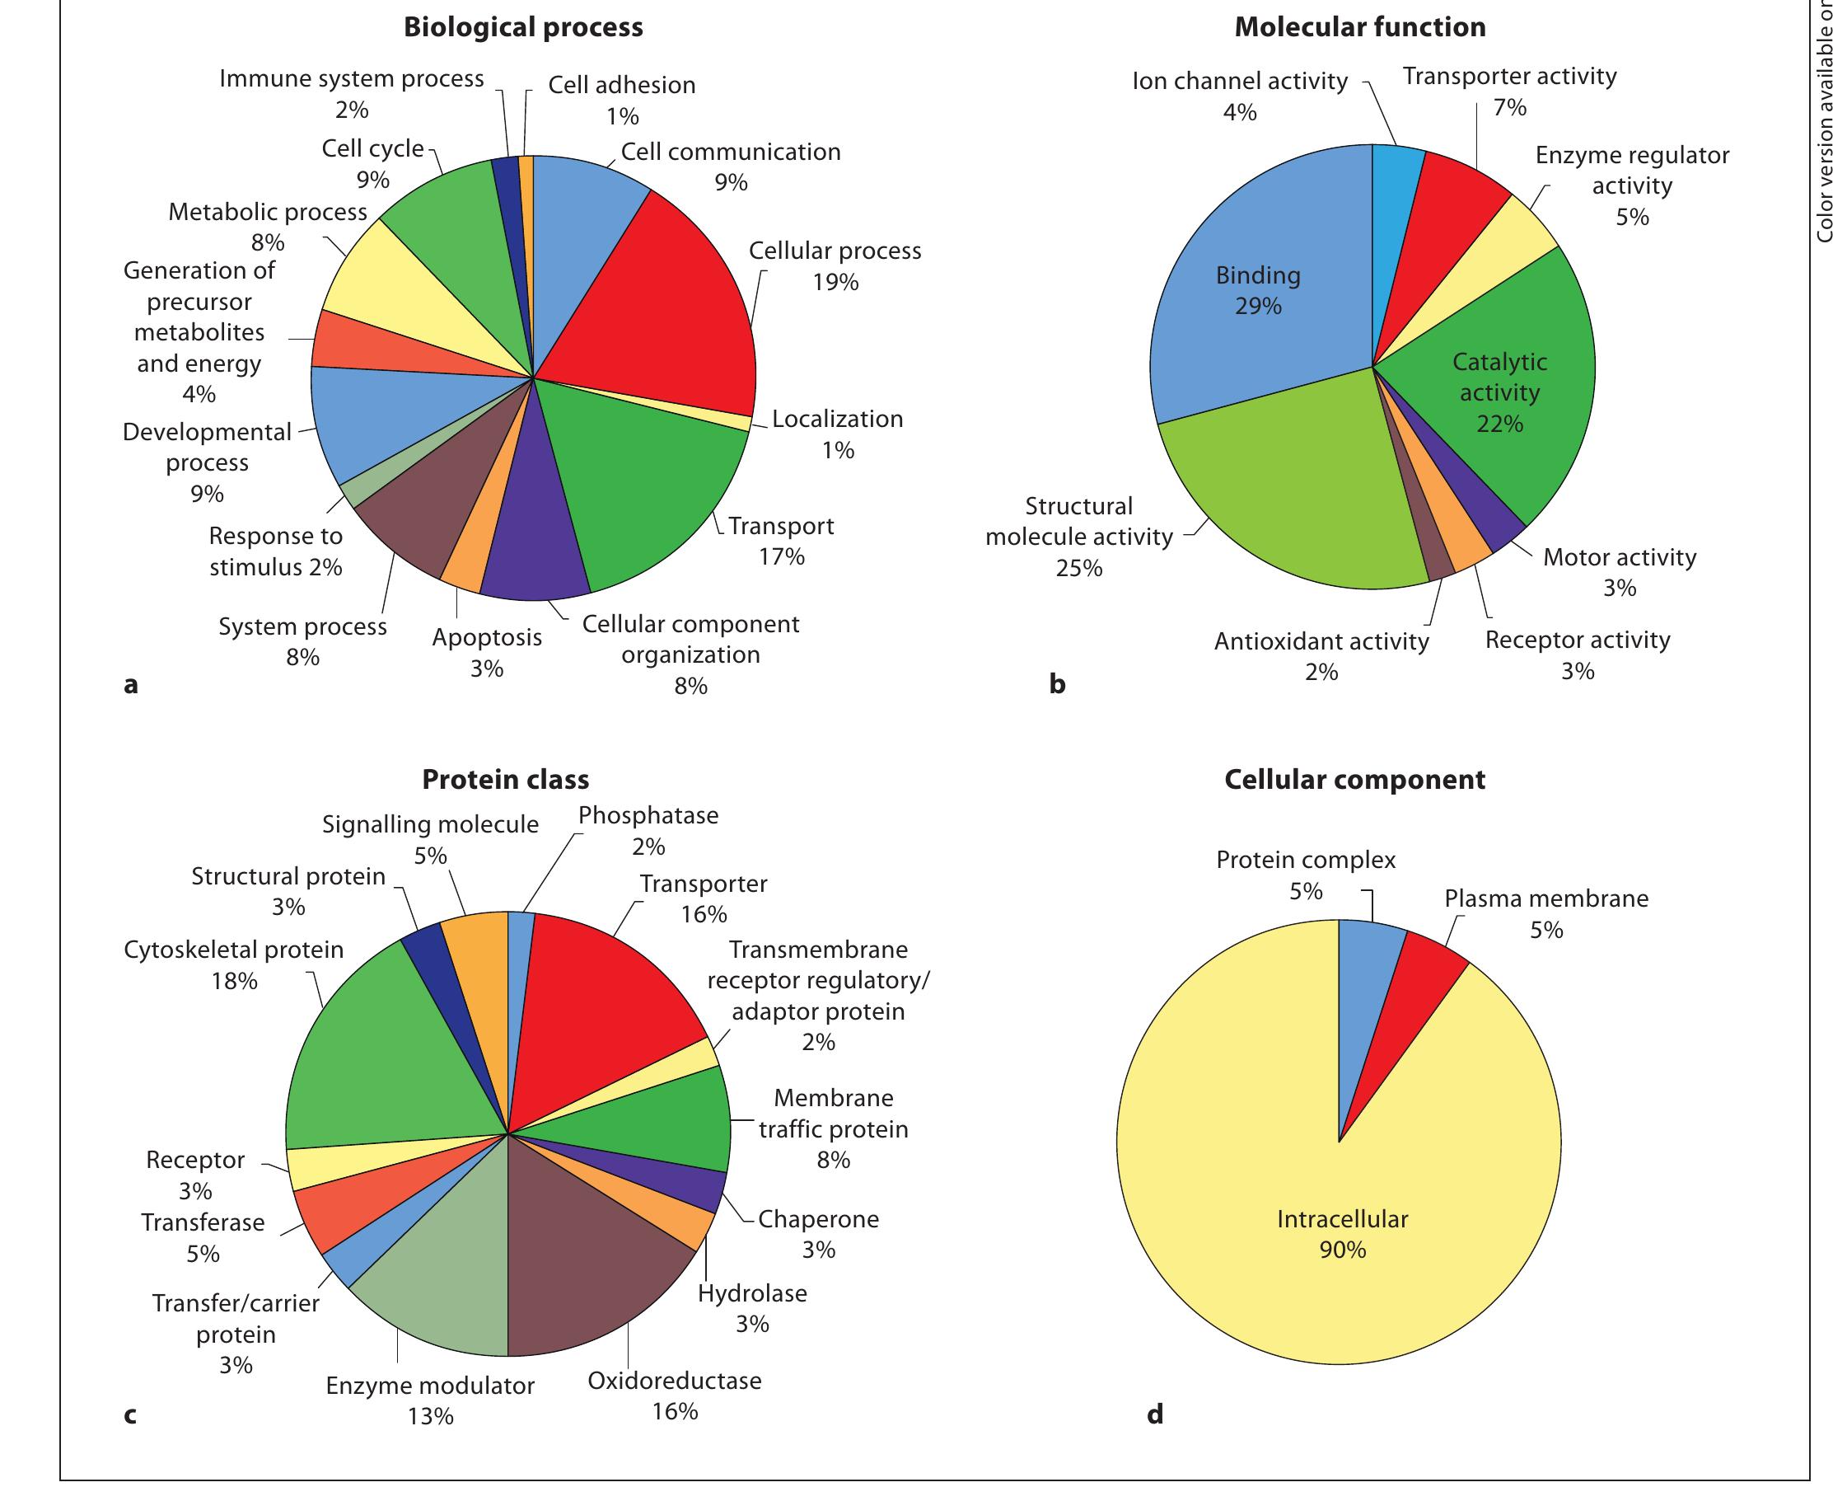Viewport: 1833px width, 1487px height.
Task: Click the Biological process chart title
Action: coord(523,27)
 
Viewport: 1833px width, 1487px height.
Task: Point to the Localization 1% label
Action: coord(836,434)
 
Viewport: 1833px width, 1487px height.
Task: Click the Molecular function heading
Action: coord(1359,27)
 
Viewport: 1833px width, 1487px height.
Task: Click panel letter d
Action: coord(1155,1414)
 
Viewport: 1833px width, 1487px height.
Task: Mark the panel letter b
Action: coord(1057,683)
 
